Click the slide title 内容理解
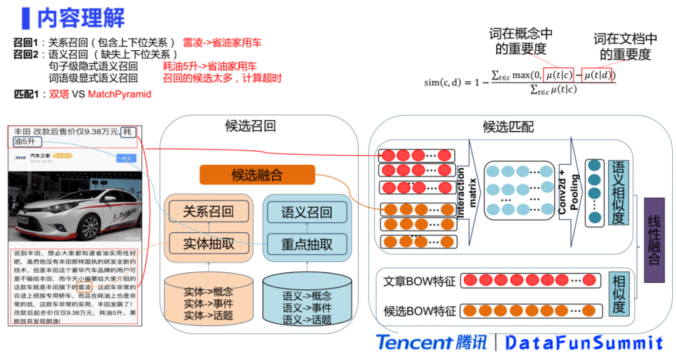click(x=81, y=18)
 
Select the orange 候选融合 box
click(x=257, y=175)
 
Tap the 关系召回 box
click(x=208, y=212)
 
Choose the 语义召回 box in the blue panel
click(x=307, y=212)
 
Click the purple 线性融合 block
click(x=653, y=240)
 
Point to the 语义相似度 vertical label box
click(x=618, y=193)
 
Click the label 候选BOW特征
click(x=419, y=309)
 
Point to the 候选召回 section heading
click(x=250, y=126)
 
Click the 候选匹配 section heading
click(x=508, y=126)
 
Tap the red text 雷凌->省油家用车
click(x=222, y=43)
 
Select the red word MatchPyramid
click(x=120, y=94)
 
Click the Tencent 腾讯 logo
click(x=431, y=342)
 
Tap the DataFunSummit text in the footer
click(x=583, y=342)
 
